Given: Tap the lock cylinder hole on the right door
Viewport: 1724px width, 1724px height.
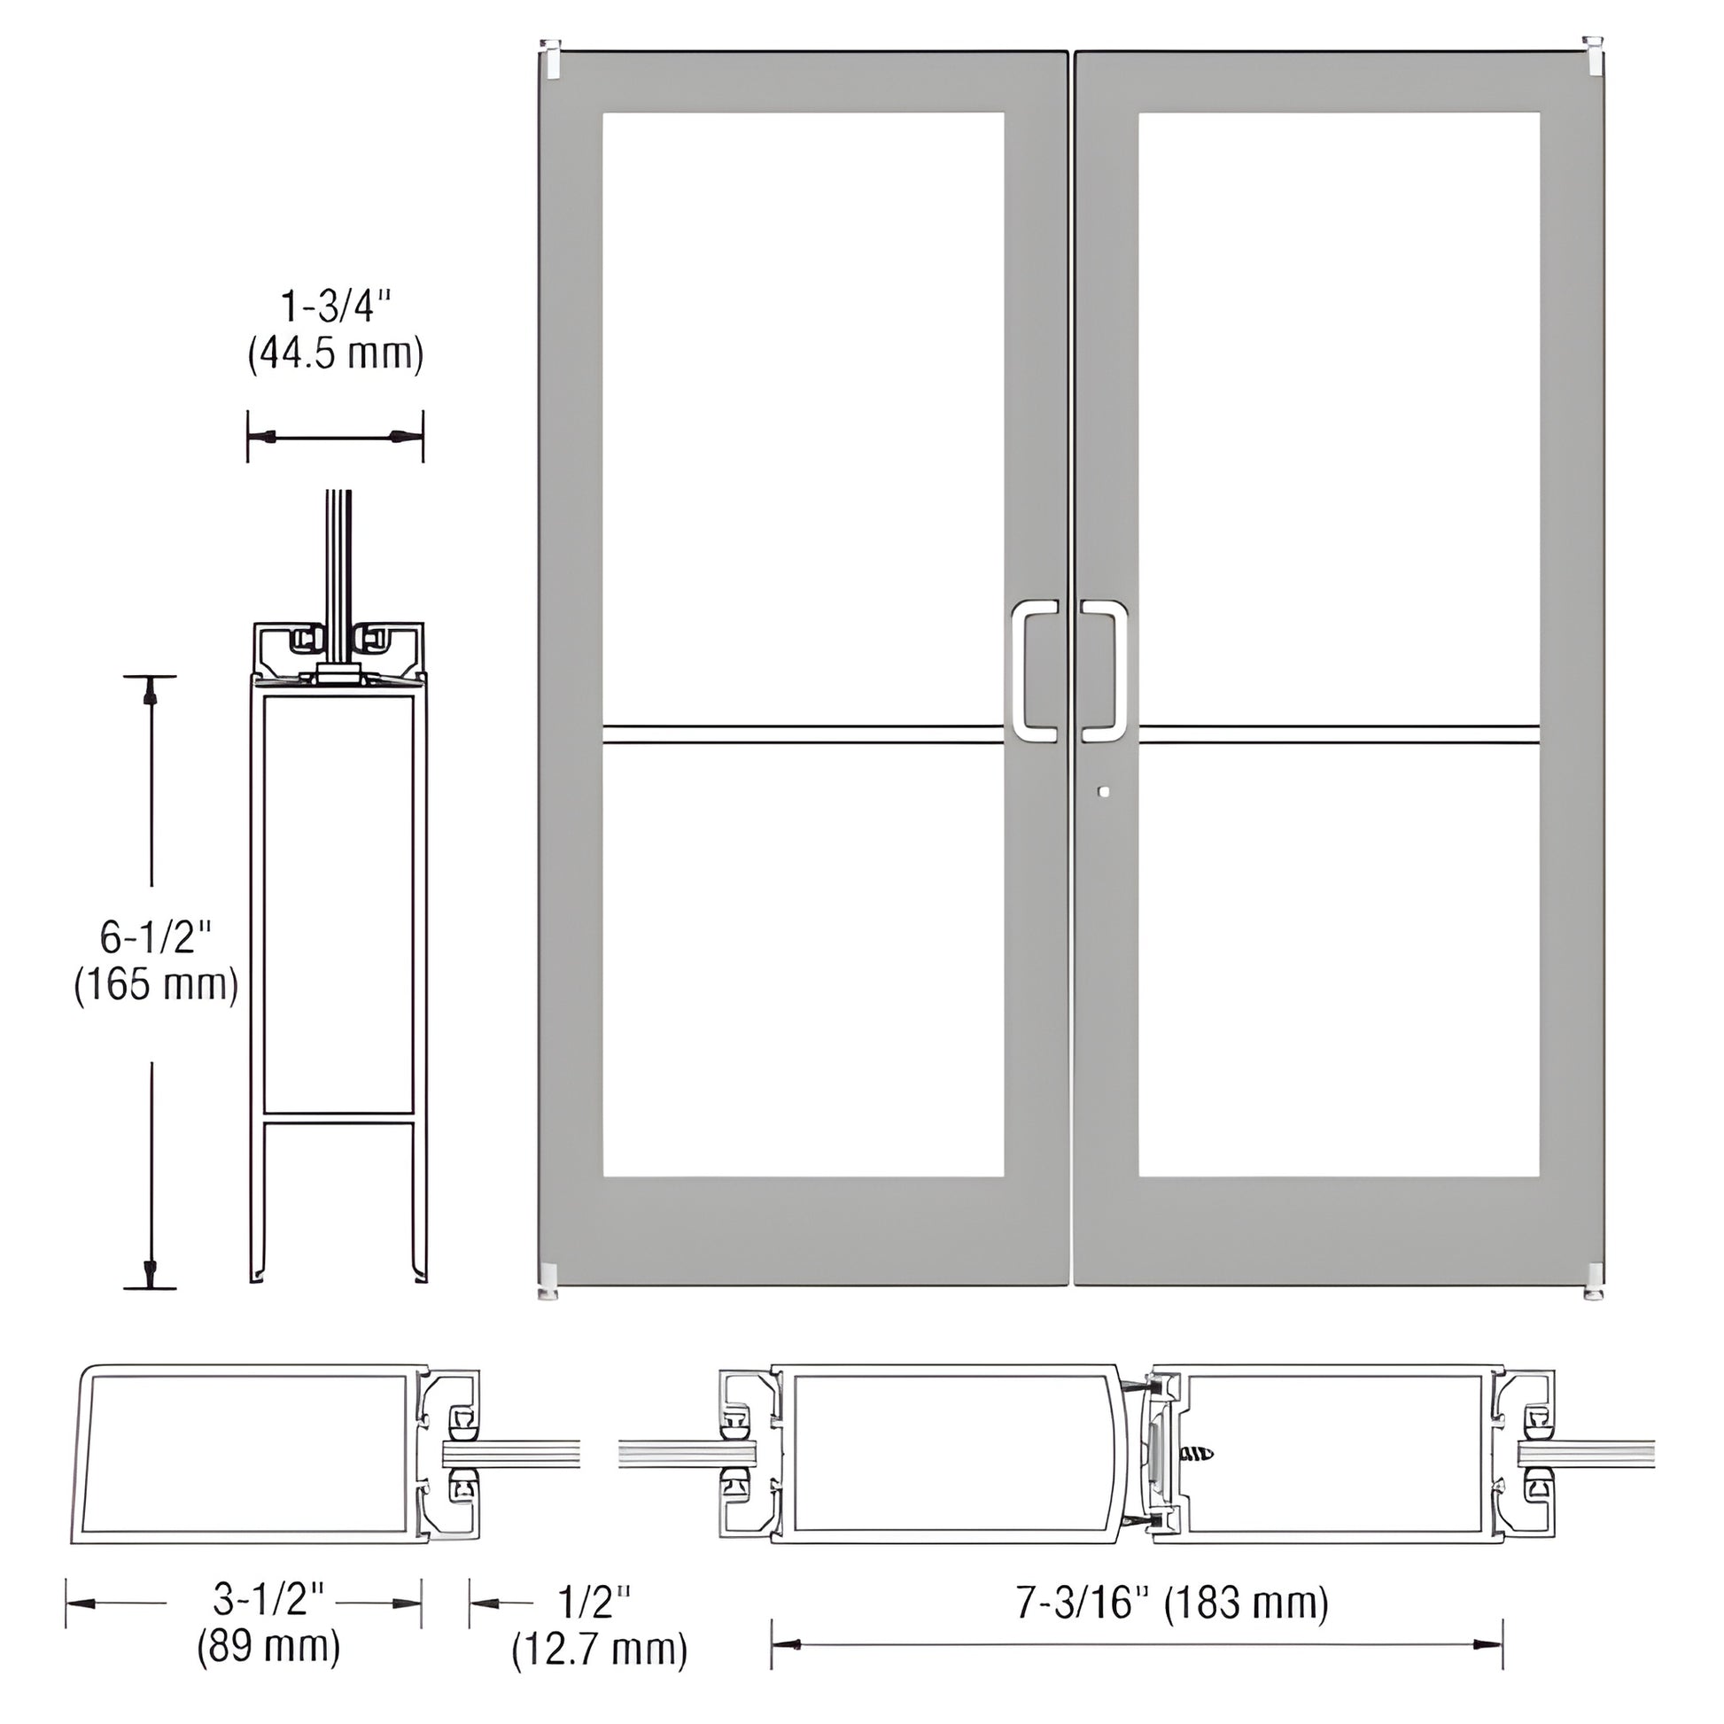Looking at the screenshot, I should pos(1107,791).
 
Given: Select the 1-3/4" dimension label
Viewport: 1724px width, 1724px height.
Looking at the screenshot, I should pos(336,307).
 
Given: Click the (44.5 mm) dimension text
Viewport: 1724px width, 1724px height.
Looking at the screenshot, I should pos(336,354).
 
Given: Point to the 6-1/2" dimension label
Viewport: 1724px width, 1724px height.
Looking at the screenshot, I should pos(156,938).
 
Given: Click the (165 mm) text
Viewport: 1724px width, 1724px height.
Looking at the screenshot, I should pos(156,986).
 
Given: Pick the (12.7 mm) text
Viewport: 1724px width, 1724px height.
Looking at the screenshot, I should pos(600,1649).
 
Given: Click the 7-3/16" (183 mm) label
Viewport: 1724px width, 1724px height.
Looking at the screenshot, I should pos(1172,1603).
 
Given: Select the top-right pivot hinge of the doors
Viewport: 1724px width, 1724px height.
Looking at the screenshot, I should pos(1593,55).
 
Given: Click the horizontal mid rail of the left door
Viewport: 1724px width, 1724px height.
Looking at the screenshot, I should pos(804,735).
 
